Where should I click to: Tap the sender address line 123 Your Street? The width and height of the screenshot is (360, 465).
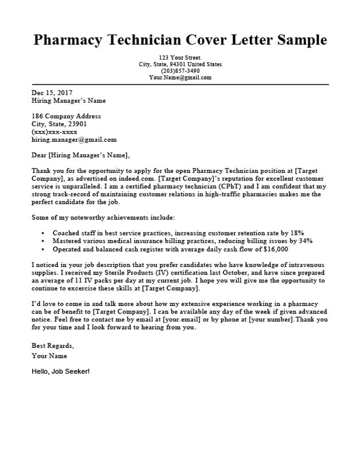point(180,57)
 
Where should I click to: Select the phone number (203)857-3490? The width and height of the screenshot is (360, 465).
point(180,71)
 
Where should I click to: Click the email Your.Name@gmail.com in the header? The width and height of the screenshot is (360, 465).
point(180,77)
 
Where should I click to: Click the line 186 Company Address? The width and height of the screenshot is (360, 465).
point(66,116)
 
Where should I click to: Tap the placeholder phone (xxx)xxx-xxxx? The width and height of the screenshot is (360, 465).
point(54,131)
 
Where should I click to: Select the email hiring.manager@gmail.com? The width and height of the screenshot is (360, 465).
point(73,139)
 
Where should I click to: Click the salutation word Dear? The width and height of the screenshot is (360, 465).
point(39,155)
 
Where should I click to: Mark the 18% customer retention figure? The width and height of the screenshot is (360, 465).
point(297,233)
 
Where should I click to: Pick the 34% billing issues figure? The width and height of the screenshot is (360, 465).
point(305,241)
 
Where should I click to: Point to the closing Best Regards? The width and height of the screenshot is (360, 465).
point(52,346)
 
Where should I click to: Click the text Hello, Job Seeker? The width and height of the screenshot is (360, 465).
point(60,371)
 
